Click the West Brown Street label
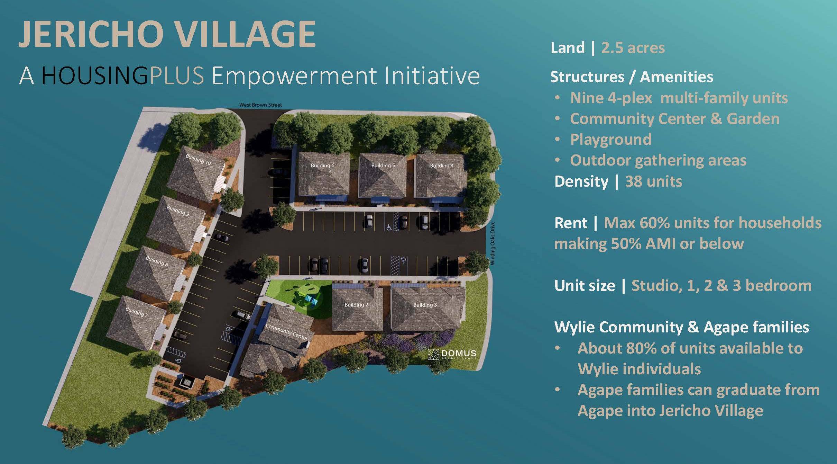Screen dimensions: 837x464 pyautogui.click(x=261, y=105)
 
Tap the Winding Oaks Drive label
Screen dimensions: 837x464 pyautogui.click(x=493, y=243)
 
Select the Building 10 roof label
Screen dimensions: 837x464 pyautogui.click(x=198, y=160)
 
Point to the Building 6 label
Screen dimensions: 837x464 pyautogui.click(x=323, y=166)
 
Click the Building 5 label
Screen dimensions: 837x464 pyautogui.click(x=383, y=166)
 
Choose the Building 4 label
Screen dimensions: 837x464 pyautogui.click(x=442, y=166)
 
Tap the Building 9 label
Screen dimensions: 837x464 pyautogui.click(x=178, y=211)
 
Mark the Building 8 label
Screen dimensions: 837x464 pyautogui.click(x=157, y=261)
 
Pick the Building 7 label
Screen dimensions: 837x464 pyautogui.click(x=137, y=312)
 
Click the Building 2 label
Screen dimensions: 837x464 pyautogui.click(x=356, y=305)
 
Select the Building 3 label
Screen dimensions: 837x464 pyautogui.click(x=425, y=305)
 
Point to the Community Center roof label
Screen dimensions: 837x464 pyautogui.click(x=286, y=332)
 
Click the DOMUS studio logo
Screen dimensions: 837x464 pyautogui.click(x=452, y=354)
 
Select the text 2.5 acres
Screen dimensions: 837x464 pyautogui.click(x=633, y=48)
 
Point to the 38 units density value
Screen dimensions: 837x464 pyautogui.click(x=654, y=181)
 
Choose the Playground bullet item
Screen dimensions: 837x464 pyautogui.click(x=611, y=140)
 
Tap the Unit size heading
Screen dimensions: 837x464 pyautogui.click(x=585, y=286)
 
